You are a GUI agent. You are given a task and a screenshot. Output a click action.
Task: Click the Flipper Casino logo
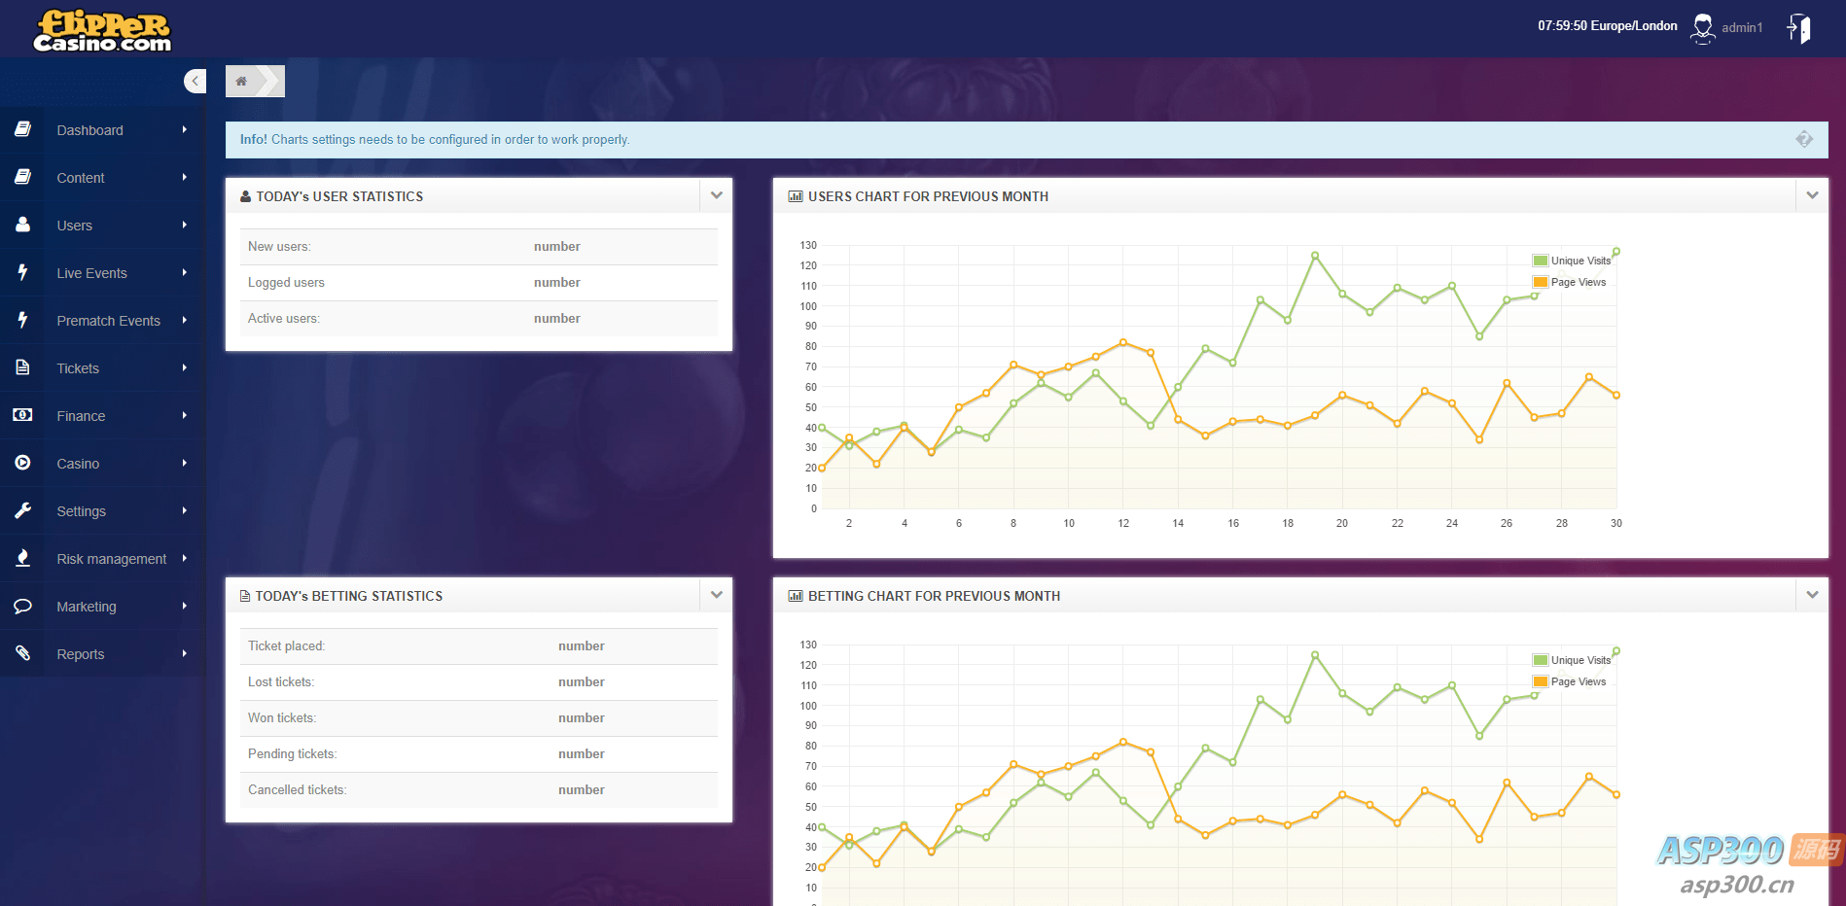pos(102,30)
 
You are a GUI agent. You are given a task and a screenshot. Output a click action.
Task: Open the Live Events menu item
pos(91,273)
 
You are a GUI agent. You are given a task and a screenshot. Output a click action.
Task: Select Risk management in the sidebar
pos(111,559)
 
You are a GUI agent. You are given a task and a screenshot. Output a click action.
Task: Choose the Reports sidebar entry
pos(80,654)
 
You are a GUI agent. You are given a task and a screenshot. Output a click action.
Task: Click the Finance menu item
pos(81,416)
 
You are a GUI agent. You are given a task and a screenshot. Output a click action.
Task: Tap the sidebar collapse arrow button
pos(195,82)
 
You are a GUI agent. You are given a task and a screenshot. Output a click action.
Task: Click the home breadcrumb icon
pos(241,82)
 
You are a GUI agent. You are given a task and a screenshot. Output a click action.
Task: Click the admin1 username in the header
pos(1741,28)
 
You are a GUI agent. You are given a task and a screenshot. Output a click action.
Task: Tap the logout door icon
pos(1799,28)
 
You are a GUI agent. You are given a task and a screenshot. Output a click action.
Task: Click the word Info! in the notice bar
pos(253,140)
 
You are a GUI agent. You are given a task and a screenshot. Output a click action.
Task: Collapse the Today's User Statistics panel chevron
pos(717,195)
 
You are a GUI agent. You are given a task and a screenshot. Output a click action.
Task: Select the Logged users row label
pos(286,283)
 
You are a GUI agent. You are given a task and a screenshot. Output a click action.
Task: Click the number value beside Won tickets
pos(581,718)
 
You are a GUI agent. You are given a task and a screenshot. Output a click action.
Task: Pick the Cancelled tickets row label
pos(297,790)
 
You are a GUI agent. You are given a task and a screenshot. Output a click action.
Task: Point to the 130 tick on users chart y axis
pos(808,245)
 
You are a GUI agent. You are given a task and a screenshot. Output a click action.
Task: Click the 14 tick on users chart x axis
pos(1178,523)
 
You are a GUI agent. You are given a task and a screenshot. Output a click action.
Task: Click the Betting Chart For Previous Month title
pos(934,596)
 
